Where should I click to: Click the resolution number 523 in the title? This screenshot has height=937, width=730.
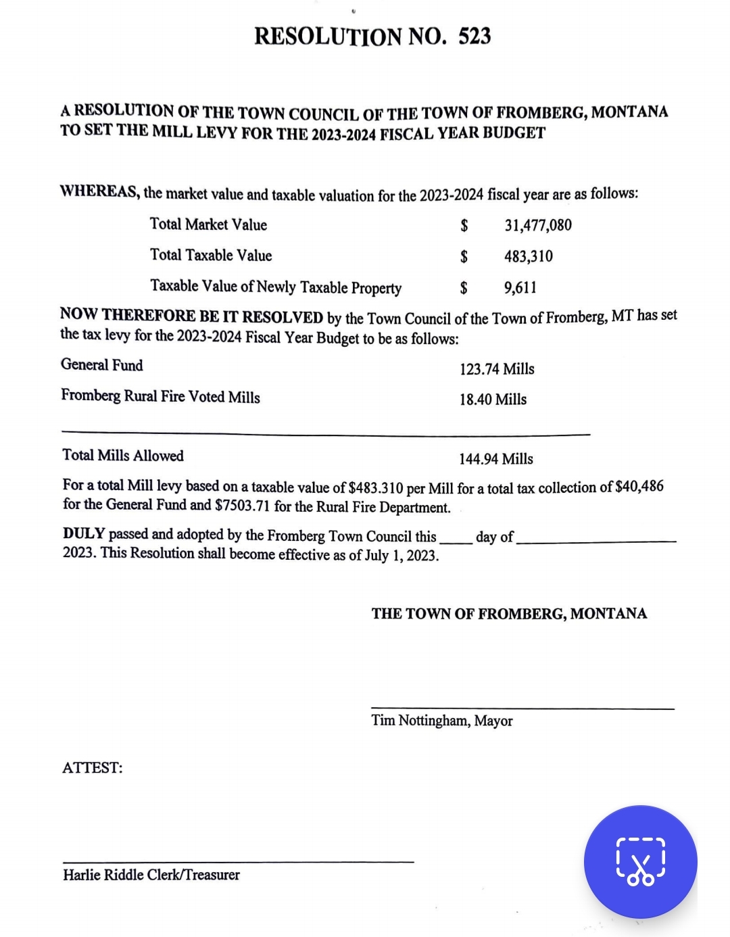tap(474, 36)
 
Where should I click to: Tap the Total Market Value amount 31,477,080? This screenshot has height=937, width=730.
tap(538, 225)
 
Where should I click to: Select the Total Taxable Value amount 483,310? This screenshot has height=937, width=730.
tap(529, 256)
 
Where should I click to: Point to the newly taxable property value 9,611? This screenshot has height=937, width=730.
tap(520, 287)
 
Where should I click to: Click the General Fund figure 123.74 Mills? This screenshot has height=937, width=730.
tap(497, 369)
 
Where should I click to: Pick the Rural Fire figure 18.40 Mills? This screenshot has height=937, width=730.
tap(493, 400)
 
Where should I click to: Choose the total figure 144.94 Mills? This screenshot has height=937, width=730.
tap(496, 459)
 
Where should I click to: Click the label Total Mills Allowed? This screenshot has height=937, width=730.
tap(123, 456)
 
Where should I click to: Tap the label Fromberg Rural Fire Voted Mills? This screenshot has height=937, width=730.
tap(160, 396)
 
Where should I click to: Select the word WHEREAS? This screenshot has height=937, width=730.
tap(100, 191)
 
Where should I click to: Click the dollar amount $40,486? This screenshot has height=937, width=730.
tap(639, 487)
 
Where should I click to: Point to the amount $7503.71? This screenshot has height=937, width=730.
tap(243, 506)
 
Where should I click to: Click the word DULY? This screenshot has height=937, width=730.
tap(84, 533)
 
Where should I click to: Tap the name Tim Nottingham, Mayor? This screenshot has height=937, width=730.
tap(442, 721)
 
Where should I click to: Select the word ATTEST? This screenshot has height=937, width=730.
tap(92, 768)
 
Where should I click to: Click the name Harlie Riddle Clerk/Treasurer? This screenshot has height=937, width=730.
tap(151, 875)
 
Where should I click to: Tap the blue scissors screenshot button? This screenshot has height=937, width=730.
tap(640, 862)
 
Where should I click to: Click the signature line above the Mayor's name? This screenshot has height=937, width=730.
tap(522, 708)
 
